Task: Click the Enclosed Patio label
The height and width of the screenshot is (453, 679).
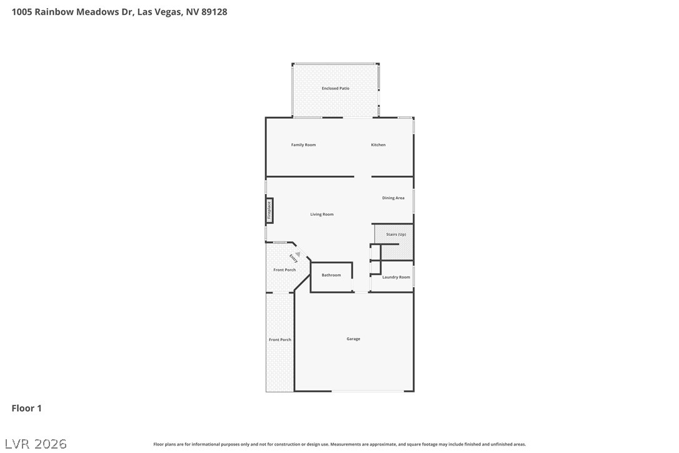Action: (335, 88)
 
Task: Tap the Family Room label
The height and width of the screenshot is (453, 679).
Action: (303, 145)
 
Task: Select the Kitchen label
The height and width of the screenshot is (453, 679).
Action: (378, 145)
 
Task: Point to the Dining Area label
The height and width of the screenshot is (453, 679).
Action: (393, 198)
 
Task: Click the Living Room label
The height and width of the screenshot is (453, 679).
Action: (322, 215)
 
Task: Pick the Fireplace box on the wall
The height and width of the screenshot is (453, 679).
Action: (269, 211)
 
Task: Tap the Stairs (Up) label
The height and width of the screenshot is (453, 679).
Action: (396, 235)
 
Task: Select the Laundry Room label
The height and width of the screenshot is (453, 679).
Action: (396, 277)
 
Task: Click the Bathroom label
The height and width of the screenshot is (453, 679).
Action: (331, 275)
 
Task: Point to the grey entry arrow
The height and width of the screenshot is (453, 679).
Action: (298, 255)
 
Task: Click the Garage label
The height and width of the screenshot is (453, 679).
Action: (353, 339)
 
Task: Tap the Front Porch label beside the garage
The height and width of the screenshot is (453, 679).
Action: (279, 340)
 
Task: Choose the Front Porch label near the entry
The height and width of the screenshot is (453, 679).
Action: (284, 270)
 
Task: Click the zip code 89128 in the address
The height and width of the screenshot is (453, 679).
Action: (214, 12)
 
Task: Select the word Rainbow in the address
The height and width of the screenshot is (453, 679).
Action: (54, 12)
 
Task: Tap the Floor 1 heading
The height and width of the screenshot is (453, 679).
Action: (26, 409)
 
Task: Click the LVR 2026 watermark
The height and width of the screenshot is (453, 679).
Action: (36, 444)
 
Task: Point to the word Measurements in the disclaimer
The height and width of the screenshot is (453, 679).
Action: (346, 444)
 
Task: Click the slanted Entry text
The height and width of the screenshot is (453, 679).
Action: (293, 259)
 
